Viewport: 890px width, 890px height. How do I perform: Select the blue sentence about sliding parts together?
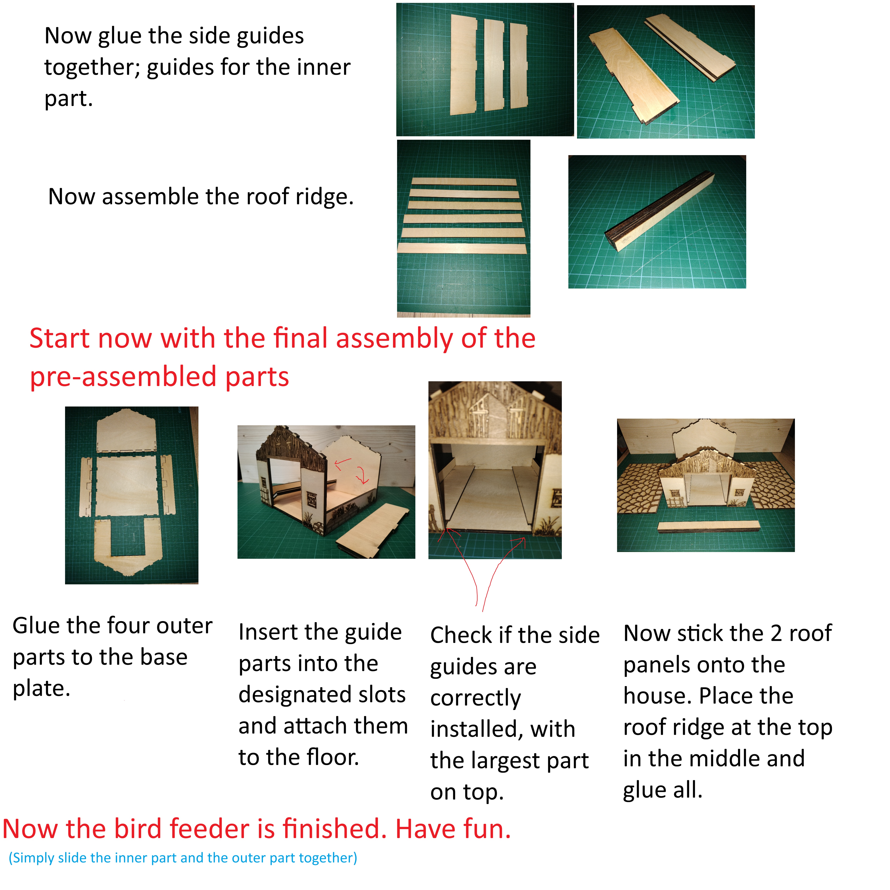(x=183, y=858)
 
